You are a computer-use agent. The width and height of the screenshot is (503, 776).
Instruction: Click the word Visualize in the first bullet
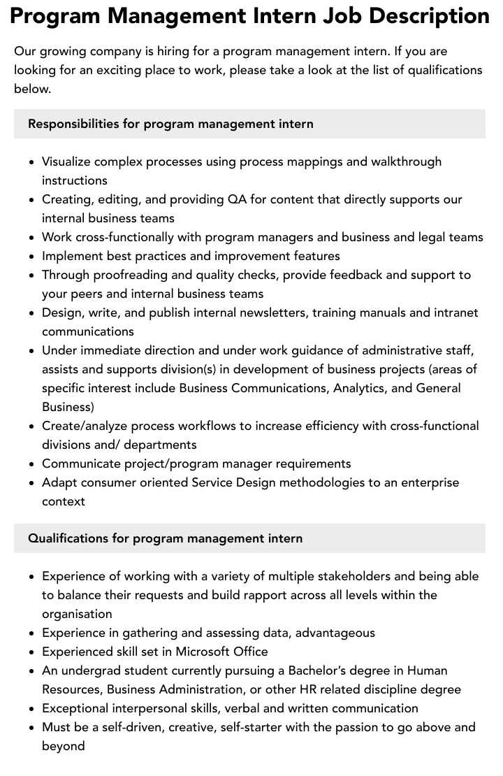66,161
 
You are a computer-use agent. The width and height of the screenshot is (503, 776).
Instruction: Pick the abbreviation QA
237,199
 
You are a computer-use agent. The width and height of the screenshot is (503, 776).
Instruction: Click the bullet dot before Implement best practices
32,257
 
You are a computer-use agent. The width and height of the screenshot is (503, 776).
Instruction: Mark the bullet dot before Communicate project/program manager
32,464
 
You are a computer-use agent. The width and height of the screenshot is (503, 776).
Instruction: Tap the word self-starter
254,727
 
